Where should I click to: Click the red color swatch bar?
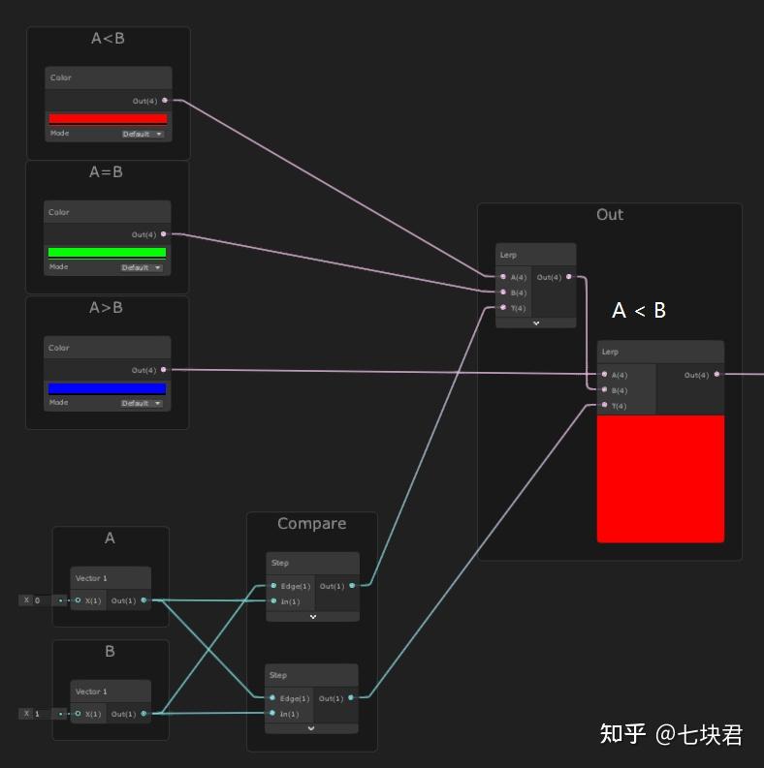click(x=108, y=119)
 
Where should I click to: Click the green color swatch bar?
click(x=107, y=253)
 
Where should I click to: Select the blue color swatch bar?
click(x=107, y=388)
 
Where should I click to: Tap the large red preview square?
click(x=660, y=478)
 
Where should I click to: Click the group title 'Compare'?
click(x=311, y=524)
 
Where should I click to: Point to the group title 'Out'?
click(x=609, y=215)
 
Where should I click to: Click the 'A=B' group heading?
click(x=106, y=172)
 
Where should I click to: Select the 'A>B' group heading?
click(x=106, y=308)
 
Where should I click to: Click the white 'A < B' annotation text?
click(x=639, y=311)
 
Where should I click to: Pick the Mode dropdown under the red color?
click(x=143, y=134)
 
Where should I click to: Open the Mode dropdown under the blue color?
click(x=142, y=403)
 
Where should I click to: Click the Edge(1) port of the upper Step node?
click(x=273, y=586)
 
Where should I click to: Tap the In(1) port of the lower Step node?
click(x=273, y=714)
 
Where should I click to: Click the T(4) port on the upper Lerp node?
click(x=503, y=308)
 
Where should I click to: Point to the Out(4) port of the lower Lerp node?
click(x=716, y=375)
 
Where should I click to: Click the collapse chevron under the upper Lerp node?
click(x=535, y=323)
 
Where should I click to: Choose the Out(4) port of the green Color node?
click(x=164, y=234)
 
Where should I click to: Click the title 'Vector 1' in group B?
click(x=91, y=691)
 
